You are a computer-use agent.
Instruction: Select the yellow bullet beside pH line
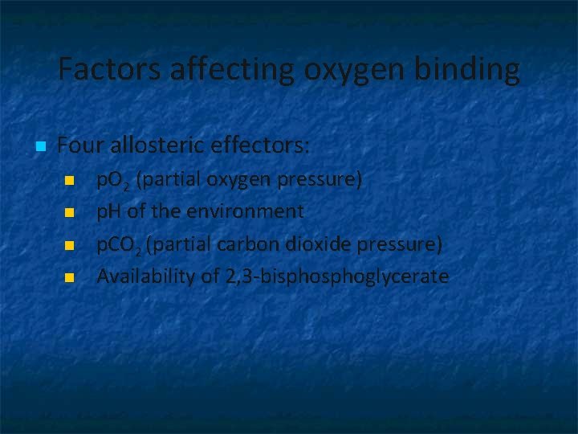click(69, 212)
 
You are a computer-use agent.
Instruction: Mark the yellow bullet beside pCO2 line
click(69, 244)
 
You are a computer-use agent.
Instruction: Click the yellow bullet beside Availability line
click(69, 277)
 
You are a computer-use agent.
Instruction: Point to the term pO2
click(113, 180)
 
